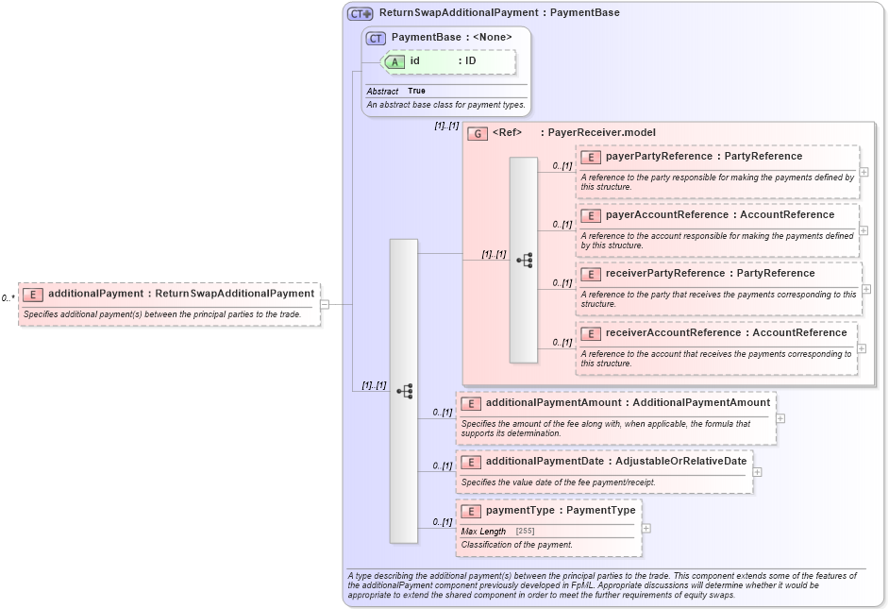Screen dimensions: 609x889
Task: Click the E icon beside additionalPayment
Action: pyautogui.click(x=33, y=294)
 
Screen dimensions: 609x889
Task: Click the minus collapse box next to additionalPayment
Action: pyautogui.click(x=324, y=304)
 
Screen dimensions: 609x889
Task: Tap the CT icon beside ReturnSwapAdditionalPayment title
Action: pyautogui.click(x=360, y=14)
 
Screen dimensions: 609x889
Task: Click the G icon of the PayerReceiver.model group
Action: pyautogui.click(x=478, y=133)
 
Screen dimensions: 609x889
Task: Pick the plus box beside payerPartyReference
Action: pyautogui.click(x=864, y=172)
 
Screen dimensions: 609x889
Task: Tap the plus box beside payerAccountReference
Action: pyautogui.click(x=864, y=230)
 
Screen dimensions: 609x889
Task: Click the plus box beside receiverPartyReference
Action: pyautogui.click(x=866, y=289)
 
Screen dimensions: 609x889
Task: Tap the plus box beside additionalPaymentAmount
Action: pyautogui.click(x=780, y=418)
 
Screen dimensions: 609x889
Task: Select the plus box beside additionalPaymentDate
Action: pyautogui.click(x=758, y=471)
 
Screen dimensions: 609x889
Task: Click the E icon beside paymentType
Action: pyautogui.click(x=471, y=511)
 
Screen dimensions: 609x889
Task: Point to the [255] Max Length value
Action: pyautogui.click(x=525, y=532)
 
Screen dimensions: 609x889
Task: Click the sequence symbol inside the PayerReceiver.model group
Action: pyautogui.click(x=524, y=260)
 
